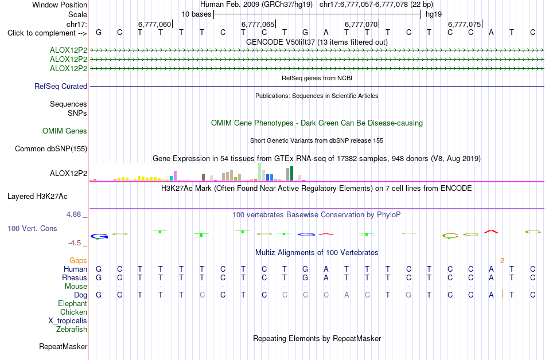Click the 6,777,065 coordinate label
(258, 24)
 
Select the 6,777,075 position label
(464, 24)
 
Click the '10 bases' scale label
(196, 14)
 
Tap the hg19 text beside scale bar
(434, 14)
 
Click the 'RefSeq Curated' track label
(61, 86)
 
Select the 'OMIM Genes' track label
(65, 131)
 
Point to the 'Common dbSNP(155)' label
(51, 148)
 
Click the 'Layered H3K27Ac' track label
(37, 197)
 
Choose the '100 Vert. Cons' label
(32, 228)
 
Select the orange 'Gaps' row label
(78, 260)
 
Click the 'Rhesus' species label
(75, 277)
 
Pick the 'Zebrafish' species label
(72, 329)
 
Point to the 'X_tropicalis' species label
(68, 321)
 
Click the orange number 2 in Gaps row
(502, 260)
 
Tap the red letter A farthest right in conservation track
(491, 231)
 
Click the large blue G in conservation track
(99, 236)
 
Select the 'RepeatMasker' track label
(63, 346)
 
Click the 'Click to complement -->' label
(47, 33)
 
